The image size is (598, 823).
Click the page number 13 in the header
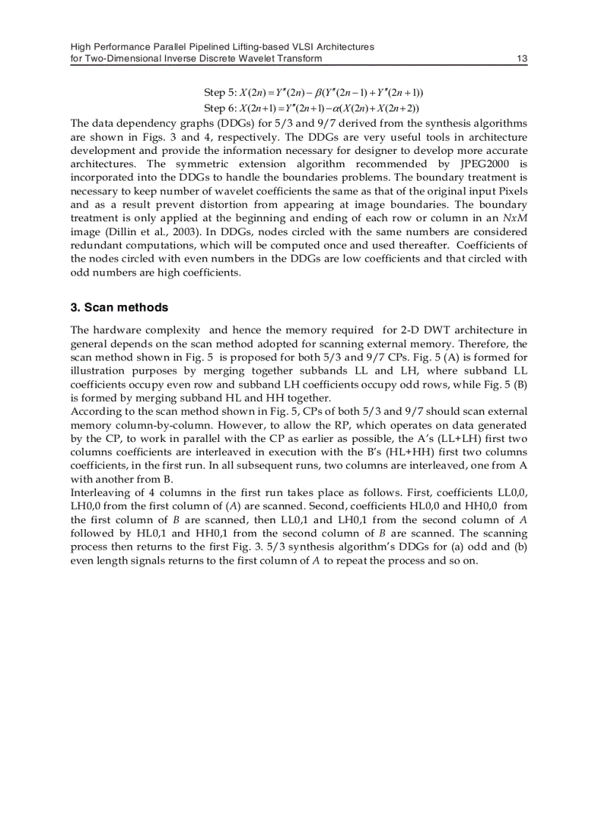[x=522, y=58]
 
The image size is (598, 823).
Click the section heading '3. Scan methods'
[x=119, y=307]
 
